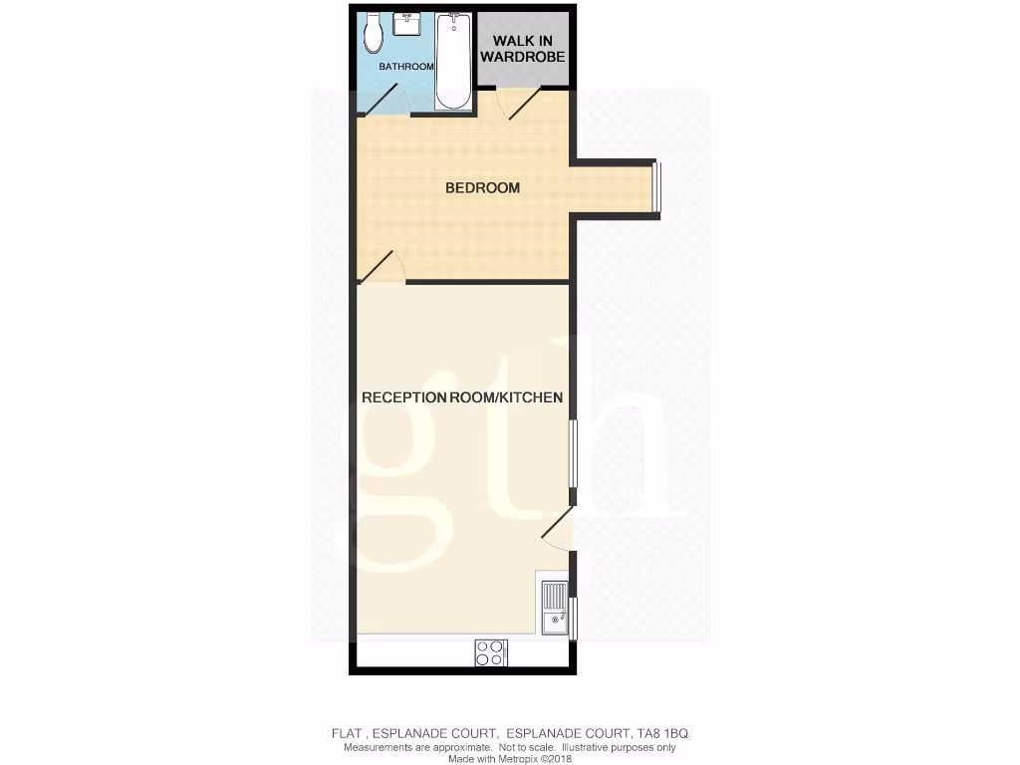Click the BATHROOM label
tap(406, 67)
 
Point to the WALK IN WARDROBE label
tap(523, 50)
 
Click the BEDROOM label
tap(482, 187)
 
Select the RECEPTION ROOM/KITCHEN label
tap(462, 397)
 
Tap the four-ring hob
tap(490, 652)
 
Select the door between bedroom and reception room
tap(382, 266)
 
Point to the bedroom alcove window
tap(655, 187)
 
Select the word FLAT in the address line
tap(347, 734)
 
